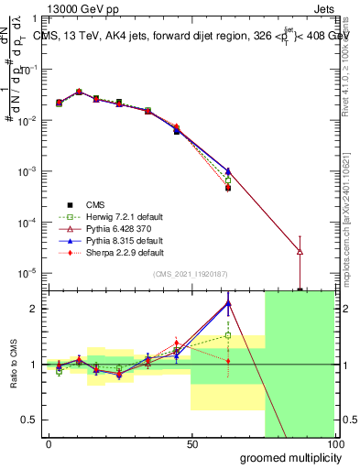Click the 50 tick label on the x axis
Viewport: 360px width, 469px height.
pyautogui.click(x=191, y=442)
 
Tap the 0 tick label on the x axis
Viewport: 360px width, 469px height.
pyautogui.click(x=49, y=442)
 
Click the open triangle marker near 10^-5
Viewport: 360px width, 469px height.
pyautogui.click(x=300, y=251)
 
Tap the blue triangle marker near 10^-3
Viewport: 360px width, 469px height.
pyautogui.click(x=227, y=171)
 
